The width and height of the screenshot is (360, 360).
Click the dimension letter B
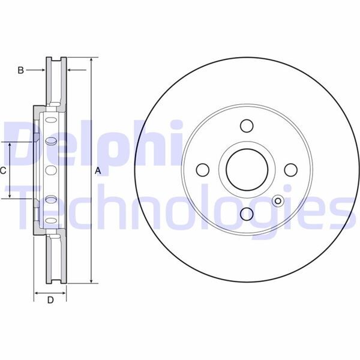20,70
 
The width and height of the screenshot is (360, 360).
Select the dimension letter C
4,170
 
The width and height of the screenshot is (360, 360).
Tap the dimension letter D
50,300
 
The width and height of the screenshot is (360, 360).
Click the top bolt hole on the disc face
246,126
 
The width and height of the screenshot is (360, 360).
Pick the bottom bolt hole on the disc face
246,214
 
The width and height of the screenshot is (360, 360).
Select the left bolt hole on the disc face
202,170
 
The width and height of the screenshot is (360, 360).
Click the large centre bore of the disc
246,170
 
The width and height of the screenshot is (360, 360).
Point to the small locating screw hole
277,202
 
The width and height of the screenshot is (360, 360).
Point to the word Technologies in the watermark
180,207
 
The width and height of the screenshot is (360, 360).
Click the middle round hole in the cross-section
50,170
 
